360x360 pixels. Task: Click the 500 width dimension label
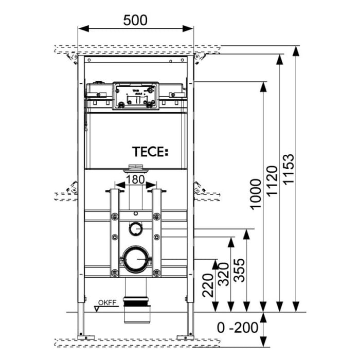(135, 20)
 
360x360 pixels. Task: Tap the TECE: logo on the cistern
(150, 152)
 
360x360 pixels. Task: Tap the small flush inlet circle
(135, 227)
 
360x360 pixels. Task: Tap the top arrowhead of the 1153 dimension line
(296, 50)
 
